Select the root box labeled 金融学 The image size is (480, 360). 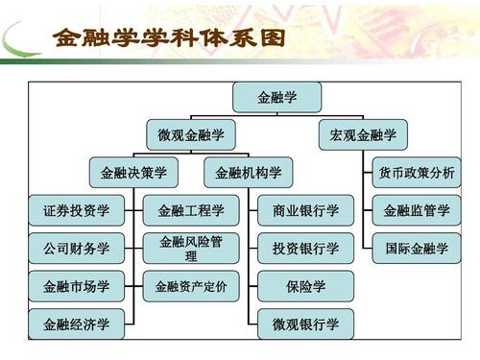pyautogui.click(x=277, y=98)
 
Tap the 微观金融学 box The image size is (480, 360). pyautogui.click(x=190, y=135)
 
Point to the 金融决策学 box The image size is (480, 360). pyautogui.click(x=133, y=173)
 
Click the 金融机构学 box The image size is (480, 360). pyautogui.click(x=248, y=173)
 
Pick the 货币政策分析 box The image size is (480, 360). pyautogui.click(x=416, y=173)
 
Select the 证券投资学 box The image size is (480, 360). pyautogui.click(x=76, y=210)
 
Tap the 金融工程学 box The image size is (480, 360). pyautogui.click(x=190, y=210)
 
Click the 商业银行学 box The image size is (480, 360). pyautogui.click(x=305, y=210)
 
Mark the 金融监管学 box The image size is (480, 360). pyautogui.click(x=416, y=210)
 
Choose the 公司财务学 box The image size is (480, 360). pyautogui.click(x=76, y=249)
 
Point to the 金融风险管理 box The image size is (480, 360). pyautogui.click(x=190, y=249)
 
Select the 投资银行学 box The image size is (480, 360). pyautogui.click(x=305, y=249)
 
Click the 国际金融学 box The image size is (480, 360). pyautogui.click(x=416, y=249)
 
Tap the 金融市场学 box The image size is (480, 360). pyautogui.click(x=76, y=286)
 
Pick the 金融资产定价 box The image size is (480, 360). pyautogui.click(x=190, y=286)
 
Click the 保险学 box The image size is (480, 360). pyautogui.click(x=305, y=286)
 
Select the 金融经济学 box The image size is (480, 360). pyautogui.click(x=76, y=324)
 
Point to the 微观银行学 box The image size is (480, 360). pyautogui.click(x=305, y=324)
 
